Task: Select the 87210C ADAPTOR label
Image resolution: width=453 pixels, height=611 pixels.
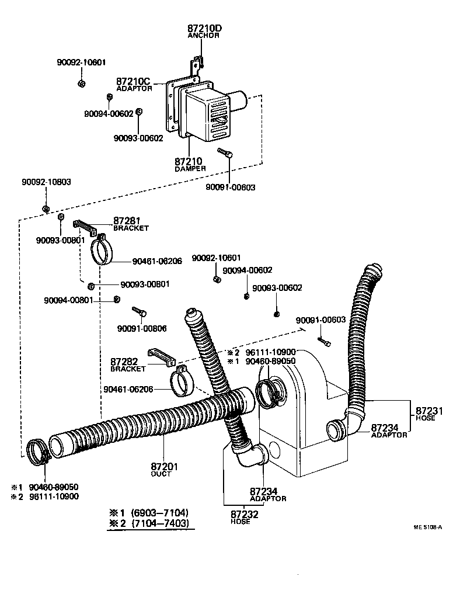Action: (134, 84)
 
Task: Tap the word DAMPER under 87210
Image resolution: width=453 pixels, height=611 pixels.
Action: (190, 168)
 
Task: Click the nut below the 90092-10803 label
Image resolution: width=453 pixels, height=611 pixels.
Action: (46, 209)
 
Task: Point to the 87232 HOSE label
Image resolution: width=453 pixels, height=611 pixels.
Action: (240, 517)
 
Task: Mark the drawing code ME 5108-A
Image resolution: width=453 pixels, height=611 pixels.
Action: (427, 527)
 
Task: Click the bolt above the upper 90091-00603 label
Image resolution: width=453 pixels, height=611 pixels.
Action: (226, 154)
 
